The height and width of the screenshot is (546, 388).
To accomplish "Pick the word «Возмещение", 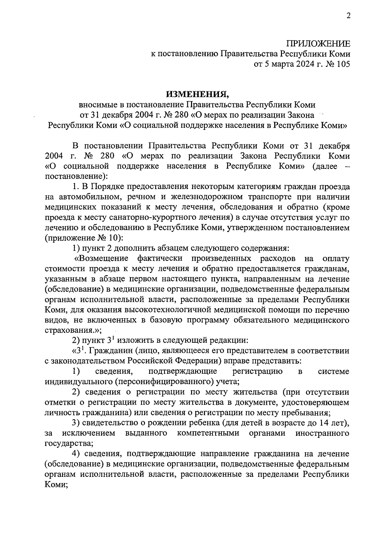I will [x=101, y=258].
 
